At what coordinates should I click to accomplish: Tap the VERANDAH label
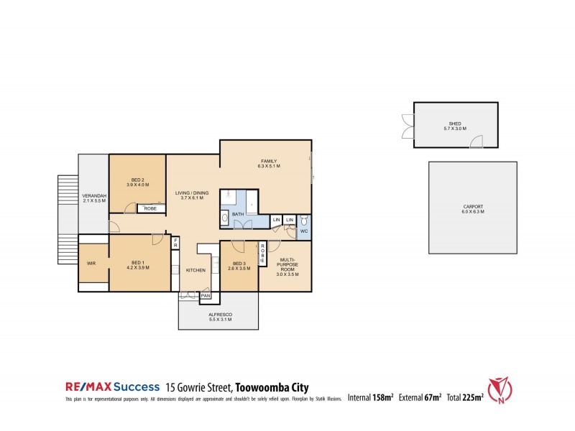point(94,198)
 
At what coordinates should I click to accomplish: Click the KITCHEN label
point(196,270)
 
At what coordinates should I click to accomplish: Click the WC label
point(304,231)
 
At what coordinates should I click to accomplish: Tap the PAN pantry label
point(206,295)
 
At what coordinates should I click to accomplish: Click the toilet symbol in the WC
point(305,218)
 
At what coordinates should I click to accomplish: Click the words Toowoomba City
point(269,386)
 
